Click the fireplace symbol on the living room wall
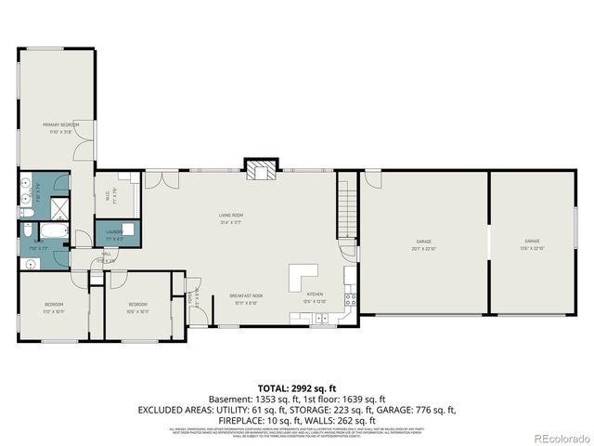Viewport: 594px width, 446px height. pos(260,168)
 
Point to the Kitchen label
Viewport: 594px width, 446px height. pos(315,299)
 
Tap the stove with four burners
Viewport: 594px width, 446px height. pos(351,299)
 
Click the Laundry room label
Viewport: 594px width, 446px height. pos(114,233)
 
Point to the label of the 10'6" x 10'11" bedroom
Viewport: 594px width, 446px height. pos(138,308)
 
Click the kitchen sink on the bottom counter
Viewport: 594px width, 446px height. pos(320,319)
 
